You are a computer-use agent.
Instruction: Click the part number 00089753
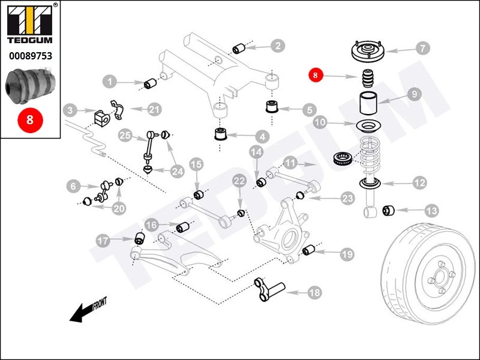30,56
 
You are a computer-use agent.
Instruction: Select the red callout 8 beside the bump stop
316,75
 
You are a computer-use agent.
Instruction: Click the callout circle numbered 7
422,47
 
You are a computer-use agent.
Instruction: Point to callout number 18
314,293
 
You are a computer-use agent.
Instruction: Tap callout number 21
155,109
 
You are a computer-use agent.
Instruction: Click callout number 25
125,135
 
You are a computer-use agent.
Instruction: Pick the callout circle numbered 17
103,241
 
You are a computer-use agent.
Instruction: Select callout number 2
277,45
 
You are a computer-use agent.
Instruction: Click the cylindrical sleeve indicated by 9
368,104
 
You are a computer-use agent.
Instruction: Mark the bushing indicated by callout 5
274,109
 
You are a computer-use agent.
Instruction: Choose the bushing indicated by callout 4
220,132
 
